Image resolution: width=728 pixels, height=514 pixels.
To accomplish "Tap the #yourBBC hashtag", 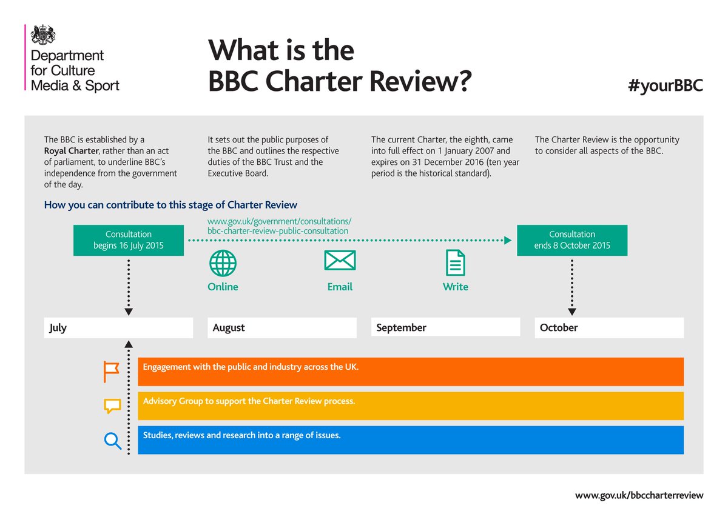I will [666, 85].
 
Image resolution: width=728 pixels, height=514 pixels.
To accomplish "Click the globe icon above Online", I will [223, 263].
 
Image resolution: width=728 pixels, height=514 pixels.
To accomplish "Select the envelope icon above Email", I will [340, 261].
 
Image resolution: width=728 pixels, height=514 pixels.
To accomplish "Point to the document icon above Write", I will [456, 262].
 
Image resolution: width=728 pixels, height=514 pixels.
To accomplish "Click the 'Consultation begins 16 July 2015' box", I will [129, 240].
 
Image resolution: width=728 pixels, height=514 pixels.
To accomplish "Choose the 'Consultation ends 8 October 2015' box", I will [572, 240].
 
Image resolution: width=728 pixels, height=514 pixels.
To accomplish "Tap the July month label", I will [59, 328].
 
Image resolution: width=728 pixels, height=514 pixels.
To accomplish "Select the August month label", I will [229, 328].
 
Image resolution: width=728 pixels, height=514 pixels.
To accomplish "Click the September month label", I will [401, 328].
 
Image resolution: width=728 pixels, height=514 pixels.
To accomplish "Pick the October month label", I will [559, 328].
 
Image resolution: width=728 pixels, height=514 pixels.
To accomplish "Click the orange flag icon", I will [112, 372].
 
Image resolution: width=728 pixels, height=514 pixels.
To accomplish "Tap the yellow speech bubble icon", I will [112, 406].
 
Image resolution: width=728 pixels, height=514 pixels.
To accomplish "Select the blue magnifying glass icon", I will [113, 440].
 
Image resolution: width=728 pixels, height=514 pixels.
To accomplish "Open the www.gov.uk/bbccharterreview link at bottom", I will [639, 495].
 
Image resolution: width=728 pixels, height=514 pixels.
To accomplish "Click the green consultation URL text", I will [279, 226].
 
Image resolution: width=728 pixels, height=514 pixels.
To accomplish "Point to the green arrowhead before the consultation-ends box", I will [508, 240].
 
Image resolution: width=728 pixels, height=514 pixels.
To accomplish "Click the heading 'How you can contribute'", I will [170, 205].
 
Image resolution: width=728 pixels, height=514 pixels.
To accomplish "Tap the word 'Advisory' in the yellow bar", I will [161, 401].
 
